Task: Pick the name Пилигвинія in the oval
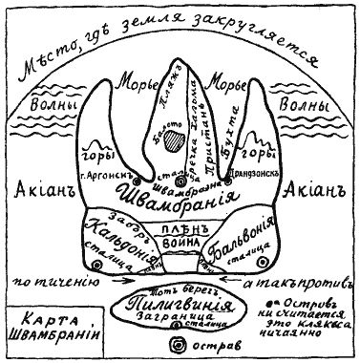point(180,303)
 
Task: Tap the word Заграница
point(179,322)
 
